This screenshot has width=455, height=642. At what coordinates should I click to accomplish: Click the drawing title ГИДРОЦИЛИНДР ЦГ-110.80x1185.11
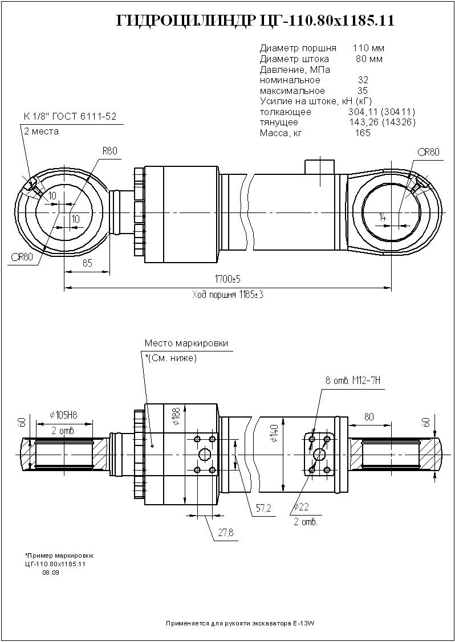coord(255,21)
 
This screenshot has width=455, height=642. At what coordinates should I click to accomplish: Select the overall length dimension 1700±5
coord(227,279)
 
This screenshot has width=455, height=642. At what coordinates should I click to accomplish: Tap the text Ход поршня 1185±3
coord(227,295)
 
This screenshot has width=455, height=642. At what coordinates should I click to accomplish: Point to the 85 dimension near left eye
coord(87,263)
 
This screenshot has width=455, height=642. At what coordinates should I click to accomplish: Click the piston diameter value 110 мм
coord(368,48)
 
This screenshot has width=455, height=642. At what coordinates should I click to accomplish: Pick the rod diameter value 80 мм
coord(369,59)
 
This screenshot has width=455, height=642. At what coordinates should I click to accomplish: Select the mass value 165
coord(363,133)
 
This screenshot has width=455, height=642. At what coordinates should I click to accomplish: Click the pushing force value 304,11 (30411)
coord(381,112)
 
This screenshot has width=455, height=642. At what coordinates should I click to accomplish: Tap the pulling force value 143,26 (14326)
coord(381,122)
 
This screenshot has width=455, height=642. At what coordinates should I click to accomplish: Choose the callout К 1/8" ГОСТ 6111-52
coord(70,117)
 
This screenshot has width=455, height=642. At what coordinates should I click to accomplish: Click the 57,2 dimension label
coord(263,508)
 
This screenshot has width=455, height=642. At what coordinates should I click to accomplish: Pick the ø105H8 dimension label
coord(64,414)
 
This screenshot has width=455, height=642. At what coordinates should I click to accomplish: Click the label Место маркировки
coord(186,344)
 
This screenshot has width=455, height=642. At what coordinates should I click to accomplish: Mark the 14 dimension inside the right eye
coord(382,217)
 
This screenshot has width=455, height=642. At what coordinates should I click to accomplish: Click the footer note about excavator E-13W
coord(239,624)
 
